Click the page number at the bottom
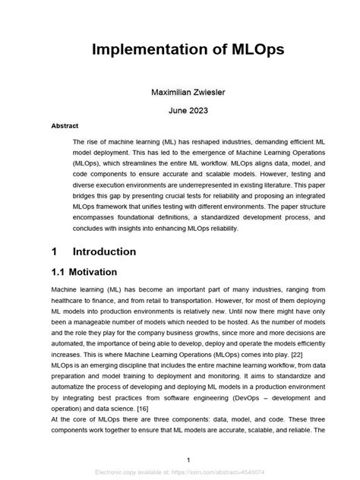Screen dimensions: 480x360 pyautogui.click(x=179, y=460)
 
